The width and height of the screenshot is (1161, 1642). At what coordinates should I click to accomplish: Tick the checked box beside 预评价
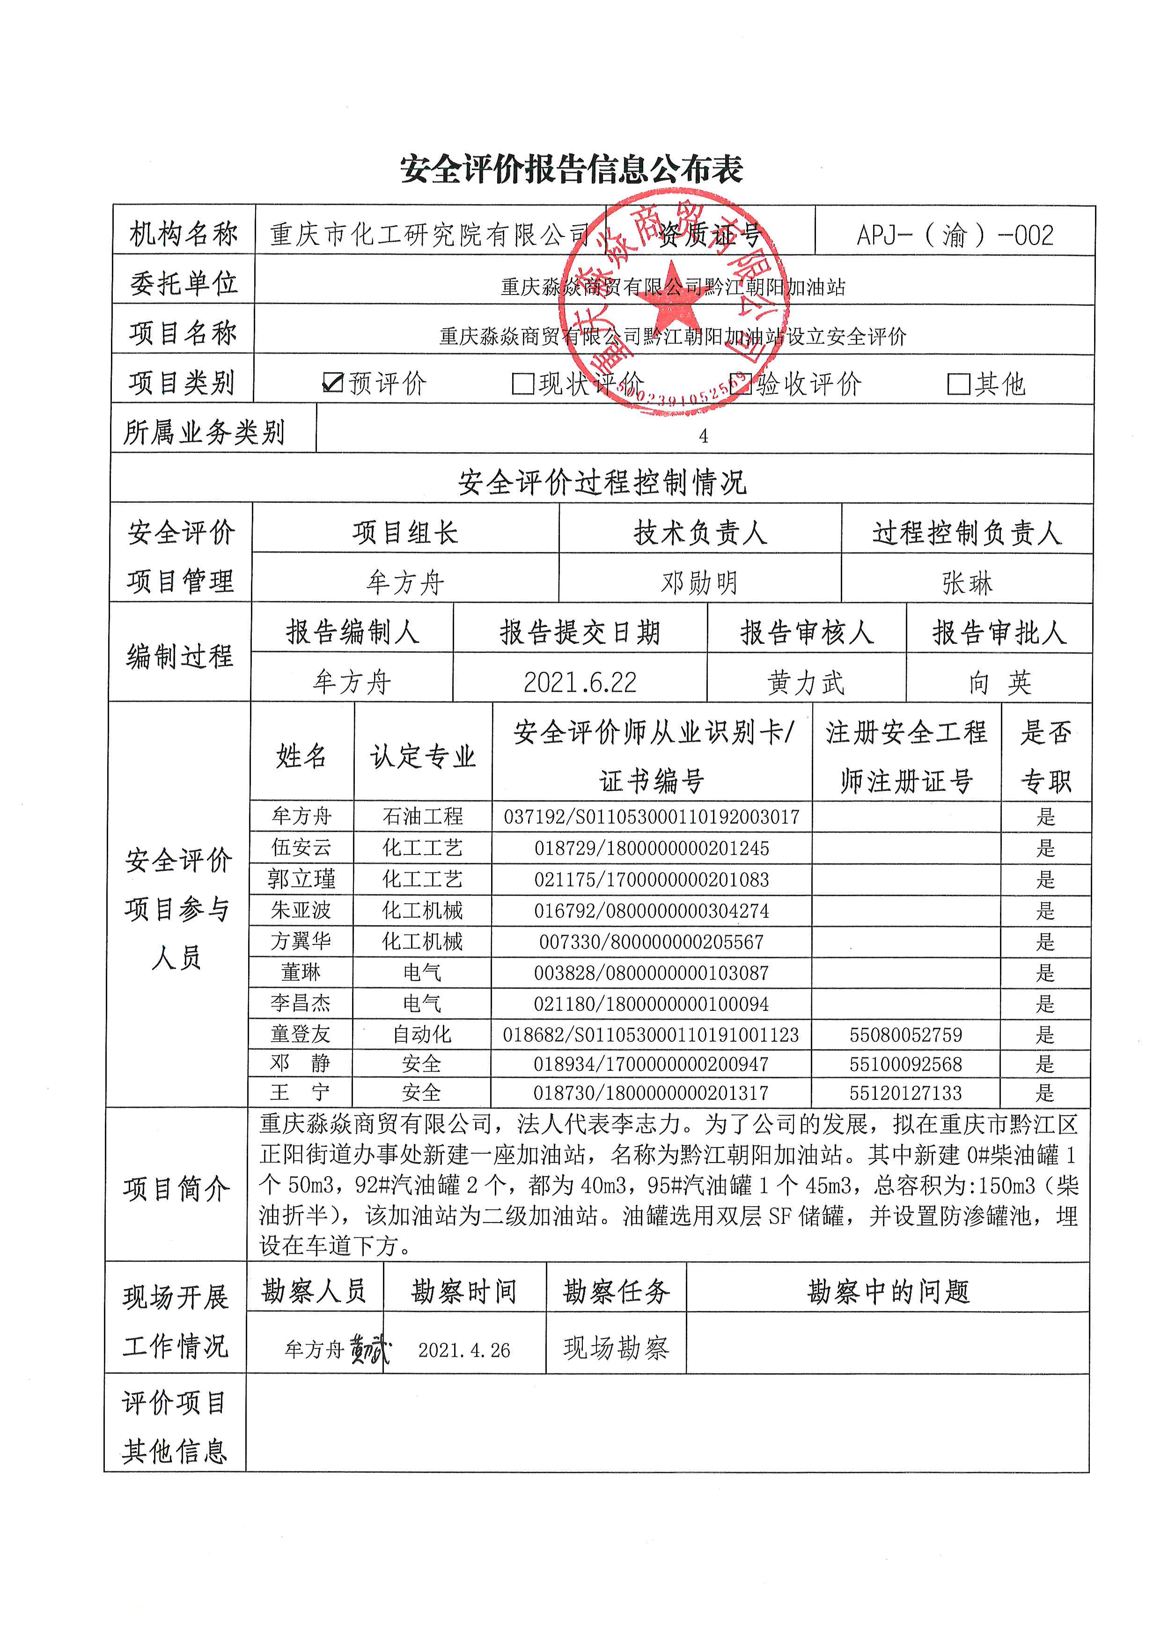pyautogui.click(x=333, y=383)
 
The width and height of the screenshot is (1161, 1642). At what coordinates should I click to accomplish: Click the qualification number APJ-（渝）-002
pyautogui.click(x=955, y=236)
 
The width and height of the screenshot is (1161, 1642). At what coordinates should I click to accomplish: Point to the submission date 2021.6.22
pyautogui.click(x=580, y=682)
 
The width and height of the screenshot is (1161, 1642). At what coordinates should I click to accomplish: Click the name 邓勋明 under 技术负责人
pyautogui.click(x=699, y=583)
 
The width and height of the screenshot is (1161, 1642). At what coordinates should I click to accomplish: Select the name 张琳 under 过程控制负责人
pyautogui.click(x=967, y=583)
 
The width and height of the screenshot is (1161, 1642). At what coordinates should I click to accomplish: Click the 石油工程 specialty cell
pyautogui.click(x=423, y=816)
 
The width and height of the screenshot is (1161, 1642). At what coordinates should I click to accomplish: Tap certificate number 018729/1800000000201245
pyautogui.click(x=651, y=848)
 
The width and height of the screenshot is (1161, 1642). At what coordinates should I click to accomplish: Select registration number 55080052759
pyautogui.click(x=906, y=1035)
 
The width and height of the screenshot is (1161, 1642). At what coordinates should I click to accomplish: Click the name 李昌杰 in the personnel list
pyautogui.click(x=301, y=1003)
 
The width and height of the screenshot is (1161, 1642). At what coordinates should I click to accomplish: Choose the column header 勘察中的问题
pyautogui.click(x=888, y=1292)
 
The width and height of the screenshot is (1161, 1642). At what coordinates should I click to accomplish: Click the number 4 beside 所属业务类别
pyautogui.click(x=704, y=436)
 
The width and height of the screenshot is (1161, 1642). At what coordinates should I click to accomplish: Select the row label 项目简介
pyautogui.click(x=176, y=1189)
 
